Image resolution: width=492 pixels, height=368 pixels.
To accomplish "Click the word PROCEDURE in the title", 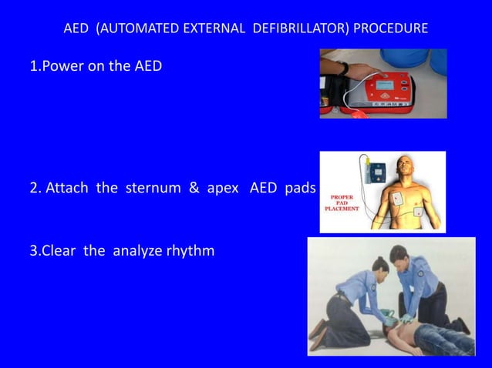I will pos(389,29).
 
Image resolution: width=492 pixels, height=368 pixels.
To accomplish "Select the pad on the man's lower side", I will pos(417,211).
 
